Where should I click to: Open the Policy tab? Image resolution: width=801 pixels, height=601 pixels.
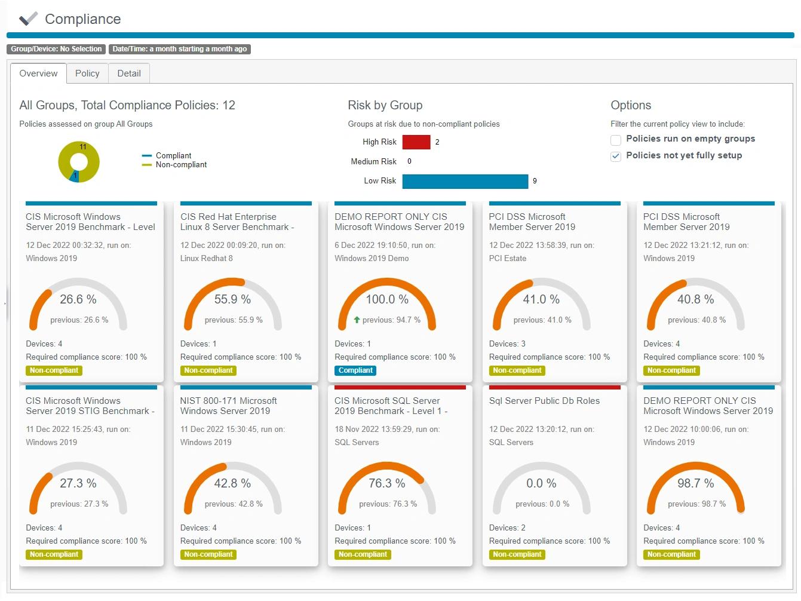pos(87,73)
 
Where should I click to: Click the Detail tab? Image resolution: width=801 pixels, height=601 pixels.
pos(129,73)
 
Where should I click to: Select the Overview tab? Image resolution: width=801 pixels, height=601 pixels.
pos(38,73)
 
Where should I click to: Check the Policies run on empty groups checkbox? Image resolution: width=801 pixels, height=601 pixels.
pos(616,140)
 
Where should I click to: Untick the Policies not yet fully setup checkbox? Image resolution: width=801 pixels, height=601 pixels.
pos(616,157)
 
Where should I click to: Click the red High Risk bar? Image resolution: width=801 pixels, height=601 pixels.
pos(416,142)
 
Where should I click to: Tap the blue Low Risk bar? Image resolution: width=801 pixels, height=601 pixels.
pos(465,181)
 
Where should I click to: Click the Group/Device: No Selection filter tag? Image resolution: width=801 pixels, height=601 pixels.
pos(56,49)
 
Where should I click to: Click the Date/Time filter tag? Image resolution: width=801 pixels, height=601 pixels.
pos(179,49)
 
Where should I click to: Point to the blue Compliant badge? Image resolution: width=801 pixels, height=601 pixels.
pos(355,370)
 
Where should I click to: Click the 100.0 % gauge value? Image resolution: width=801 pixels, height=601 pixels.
pos(387,299)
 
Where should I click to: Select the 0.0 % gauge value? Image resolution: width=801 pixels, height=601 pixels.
pos(541,483)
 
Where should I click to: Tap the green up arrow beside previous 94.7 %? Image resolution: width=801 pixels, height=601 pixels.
pos(357,320)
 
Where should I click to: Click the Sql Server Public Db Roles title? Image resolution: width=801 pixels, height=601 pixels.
pos(544,401)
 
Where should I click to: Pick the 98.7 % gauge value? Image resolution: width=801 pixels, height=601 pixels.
pos(695,483)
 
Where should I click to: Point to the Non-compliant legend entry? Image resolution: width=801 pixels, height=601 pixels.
pos(181,165)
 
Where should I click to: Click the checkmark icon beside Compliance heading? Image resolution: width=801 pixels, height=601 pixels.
pos(28,19)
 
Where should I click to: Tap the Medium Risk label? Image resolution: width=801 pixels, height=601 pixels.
pos(373,161)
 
